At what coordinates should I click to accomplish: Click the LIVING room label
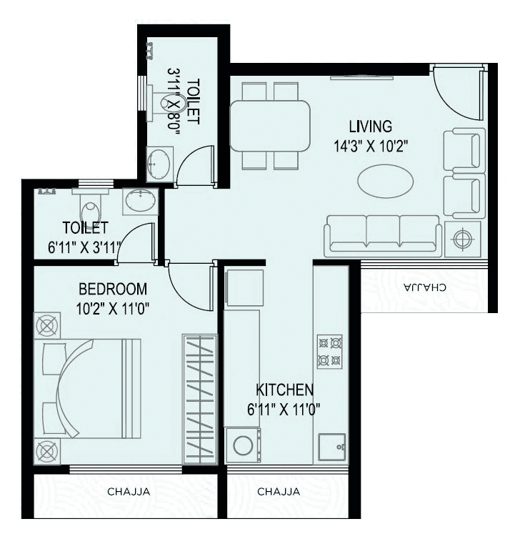pos(370,127)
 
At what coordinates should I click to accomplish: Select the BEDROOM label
pos(113,290)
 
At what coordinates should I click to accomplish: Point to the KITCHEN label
pos(285,390)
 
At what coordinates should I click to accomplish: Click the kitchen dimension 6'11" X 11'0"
pos(285,410)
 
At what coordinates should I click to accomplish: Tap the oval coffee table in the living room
pos(384,182)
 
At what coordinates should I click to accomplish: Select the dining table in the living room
pos(270,126)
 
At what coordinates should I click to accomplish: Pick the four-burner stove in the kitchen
pos(330,352)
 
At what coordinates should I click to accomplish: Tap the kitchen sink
pos(332,447)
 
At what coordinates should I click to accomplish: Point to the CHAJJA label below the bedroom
pos(124,492)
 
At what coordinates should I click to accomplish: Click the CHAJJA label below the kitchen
pos(278,492)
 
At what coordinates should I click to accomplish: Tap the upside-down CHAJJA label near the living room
pos(425,287)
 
